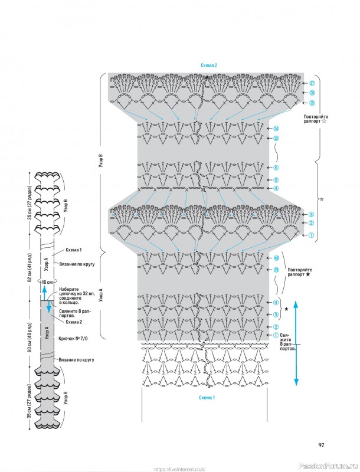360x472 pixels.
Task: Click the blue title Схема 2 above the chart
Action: (x=209, y=65)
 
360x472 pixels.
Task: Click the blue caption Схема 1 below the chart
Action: (x=207, y=398)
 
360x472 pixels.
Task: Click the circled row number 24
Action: (x=276, y=129)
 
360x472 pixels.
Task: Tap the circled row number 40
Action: (x=276, y=258)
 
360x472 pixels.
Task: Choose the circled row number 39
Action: (x=276, y=270)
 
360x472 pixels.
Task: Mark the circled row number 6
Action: (x=276, y=168)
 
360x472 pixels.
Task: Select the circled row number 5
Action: (x=276, y=179)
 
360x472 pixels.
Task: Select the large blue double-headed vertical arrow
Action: (x=296, y=342)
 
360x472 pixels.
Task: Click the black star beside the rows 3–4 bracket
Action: (x=286, y=309)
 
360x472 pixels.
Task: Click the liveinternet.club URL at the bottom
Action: (x=179, y=469)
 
